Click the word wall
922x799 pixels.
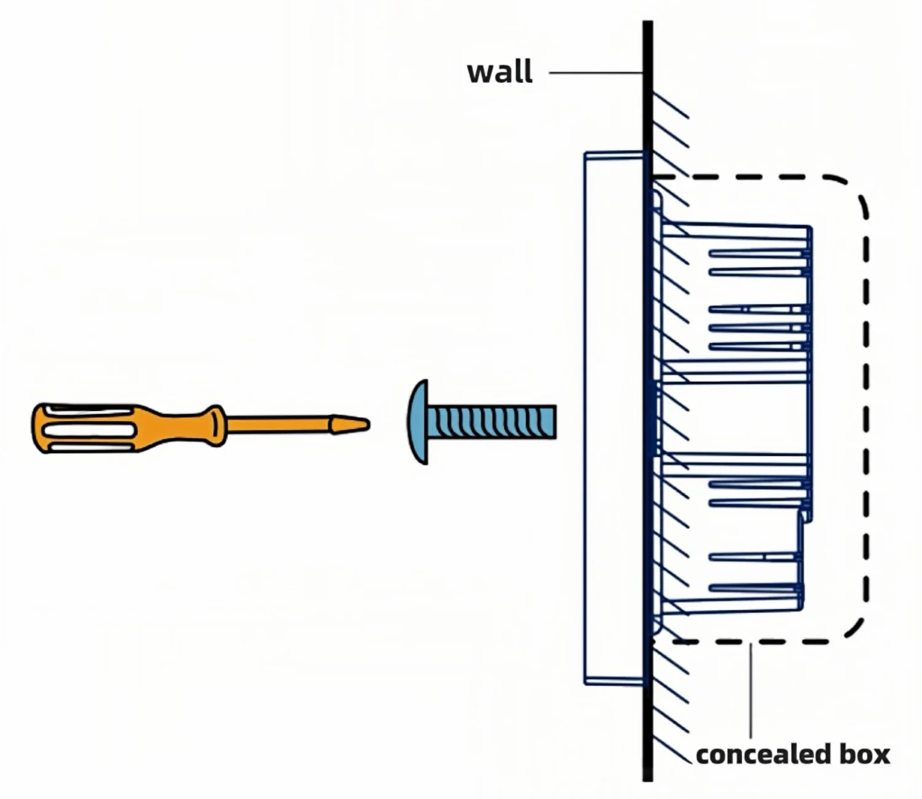[500, 72]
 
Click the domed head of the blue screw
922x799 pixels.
[417, 422]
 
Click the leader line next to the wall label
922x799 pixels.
[596, 73]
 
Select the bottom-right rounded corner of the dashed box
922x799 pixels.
[856, 628]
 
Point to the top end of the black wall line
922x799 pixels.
[648, 22]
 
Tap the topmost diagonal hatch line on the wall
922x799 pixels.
[671, 105]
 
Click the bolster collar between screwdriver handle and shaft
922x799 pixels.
[218, 425]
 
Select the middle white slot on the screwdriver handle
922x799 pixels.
[89, 430]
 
